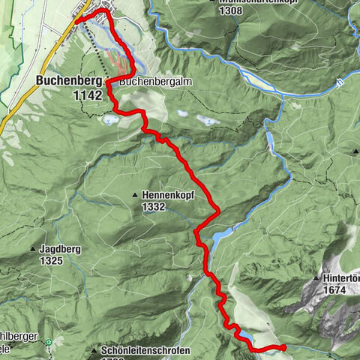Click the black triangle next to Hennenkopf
[135, 195]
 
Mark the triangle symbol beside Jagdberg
[34, 249]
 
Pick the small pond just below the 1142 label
[110, 119]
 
